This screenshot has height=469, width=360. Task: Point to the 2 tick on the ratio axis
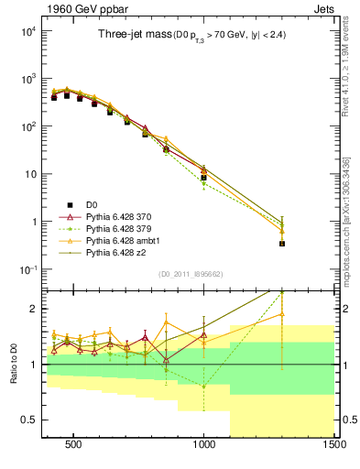click(x=30, y=309)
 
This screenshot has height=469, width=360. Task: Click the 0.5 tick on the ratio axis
click(x=27, y=420)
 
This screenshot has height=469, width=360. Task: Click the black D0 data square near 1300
click(x=282, y=244)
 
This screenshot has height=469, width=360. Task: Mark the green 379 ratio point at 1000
click(x=203, y=387)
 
